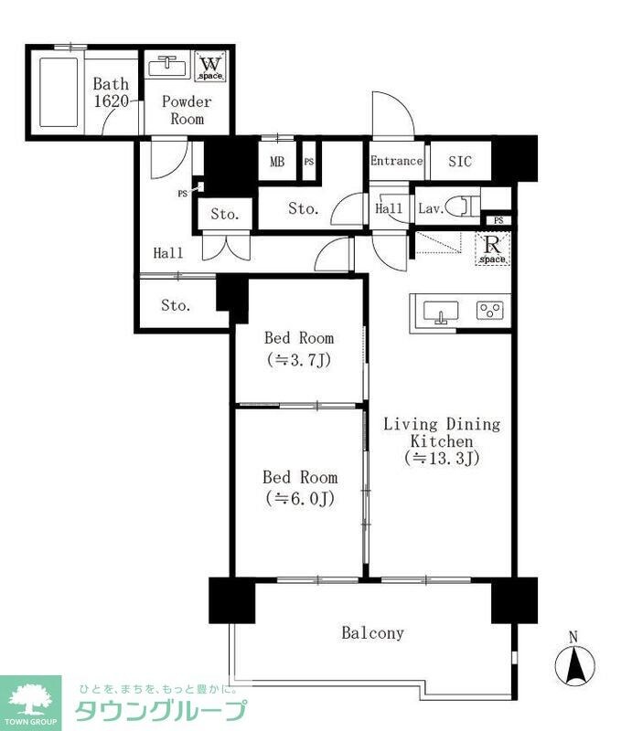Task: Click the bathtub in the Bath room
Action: click(x=59, y=92)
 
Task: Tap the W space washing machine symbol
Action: click(x=210, y=67)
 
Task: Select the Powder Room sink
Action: click(x=167, y=67)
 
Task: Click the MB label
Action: click(x=277, y=162)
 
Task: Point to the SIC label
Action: click(x=460, y=162)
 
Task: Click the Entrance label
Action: click(x=396, y=161)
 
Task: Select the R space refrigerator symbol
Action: click(x=492, y=249)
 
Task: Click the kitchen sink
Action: click(x=440, y=312)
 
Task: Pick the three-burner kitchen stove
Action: click(x=490, y=311)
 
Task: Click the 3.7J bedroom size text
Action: click(x=299, y=360)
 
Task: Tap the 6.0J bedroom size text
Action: click(x=300, y=499)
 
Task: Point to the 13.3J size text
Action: click(x=442, y=459)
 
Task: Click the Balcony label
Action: click(x=372, y=632)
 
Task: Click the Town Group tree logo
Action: click(x=31, y=698)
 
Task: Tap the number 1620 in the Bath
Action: click(x=111, y=101)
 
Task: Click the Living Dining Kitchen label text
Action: click(x=442, y=432)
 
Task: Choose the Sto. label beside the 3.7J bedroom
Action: click(x=176, y=305)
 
